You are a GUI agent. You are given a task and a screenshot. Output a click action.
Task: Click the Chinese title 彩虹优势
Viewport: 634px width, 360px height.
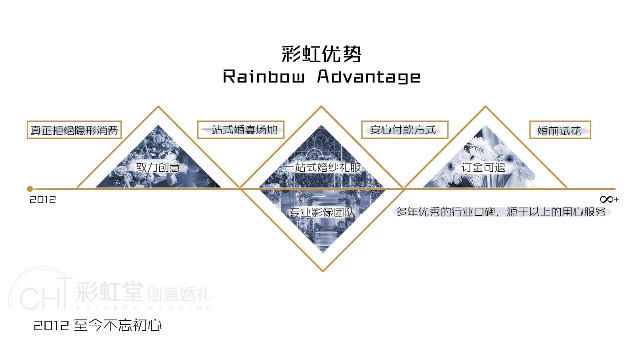[x=321, y=54]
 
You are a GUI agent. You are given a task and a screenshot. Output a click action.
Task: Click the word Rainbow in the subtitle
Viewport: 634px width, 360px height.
[x=264, y=77]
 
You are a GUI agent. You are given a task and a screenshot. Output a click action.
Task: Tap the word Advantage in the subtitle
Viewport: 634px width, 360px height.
[x=369, y=77]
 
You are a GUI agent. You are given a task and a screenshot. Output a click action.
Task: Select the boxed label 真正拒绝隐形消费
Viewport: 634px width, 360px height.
[x=74, y=130]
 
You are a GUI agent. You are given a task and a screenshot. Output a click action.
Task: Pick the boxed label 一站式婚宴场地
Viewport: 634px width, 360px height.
[x=241, y=130]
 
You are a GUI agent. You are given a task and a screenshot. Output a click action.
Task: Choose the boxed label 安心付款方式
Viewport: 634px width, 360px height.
[x=404, y=130]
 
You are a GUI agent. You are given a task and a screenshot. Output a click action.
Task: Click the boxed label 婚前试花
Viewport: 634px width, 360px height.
[x=560, y=130]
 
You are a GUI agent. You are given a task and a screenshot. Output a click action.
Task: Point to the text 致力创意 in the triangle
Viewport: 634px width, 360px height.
[x=158, y=167]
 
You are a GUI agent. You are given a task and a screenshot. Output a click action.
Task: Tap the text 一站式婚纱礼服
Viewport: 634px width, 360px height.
[x=323, y=167]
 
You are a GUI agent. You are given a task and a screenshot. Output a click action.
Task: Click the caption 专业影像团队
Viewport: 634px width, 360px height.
[x=321, y=213]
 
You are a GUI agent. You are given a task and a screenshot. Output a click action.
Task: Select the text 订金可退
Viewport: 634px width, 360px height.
[x=483, y=167]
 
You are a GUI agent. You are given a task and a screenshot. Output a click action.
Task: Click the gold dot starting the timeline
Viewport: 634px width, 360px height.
[x=30, y=189]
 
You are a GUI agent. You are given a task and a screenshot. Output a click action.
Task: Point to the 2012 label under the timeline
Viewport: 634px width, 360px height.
[x=43, y=199]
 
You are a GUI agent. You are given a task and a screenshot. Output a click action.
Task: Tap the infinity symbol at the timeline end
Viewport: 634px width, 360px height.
[x=607, y=199]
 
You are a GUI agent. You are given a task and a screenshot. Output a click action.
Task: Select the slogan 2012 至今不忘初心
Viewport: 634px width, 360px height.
[x=97, y=326]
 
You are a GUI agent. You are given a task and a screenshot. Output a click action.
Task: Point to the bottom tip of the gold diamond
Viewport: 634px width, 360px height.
[x=323, y=271]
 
